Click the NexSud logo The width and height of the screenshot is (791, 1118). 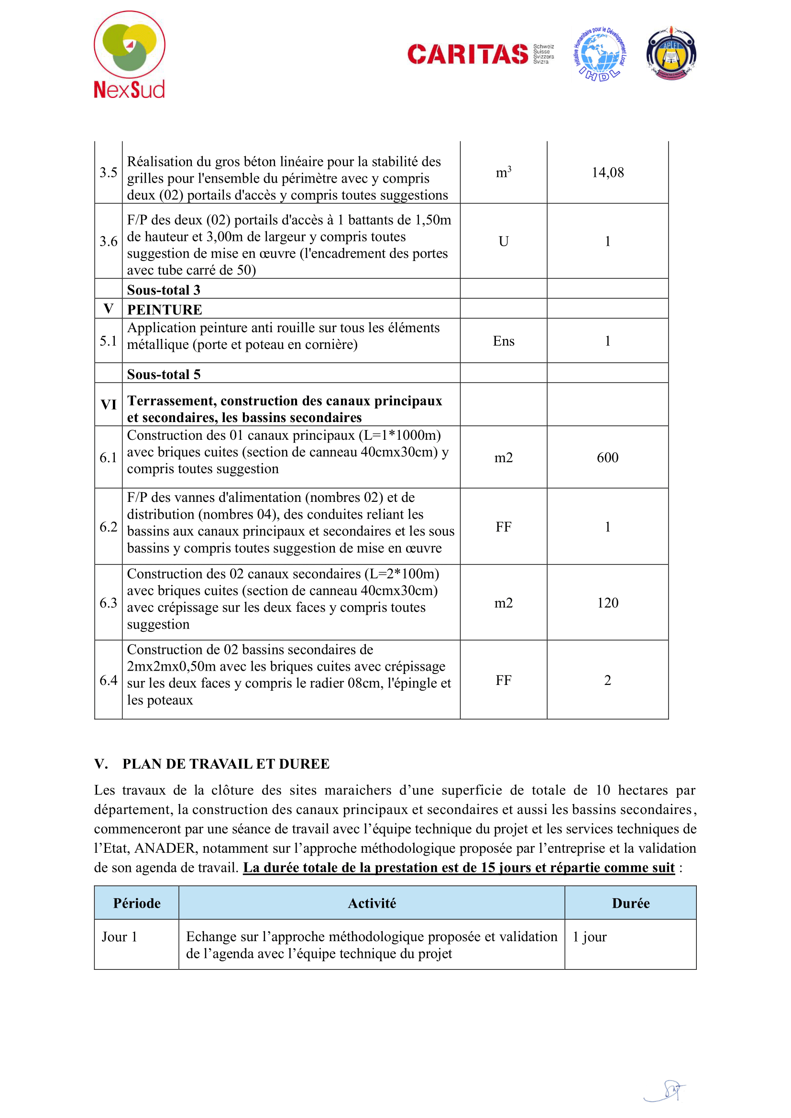click(x=129, y=54)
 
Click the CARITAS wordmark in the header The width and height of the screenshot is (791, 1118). click(x=467, y=54)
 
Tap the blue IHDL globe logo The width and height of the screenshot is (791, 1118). click(x=600, y=54)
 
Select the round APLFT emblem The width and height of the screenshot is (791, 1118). click(x=670, y=54)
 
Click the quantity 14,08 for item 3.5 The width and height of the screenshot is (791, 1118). click(x=607, y=173)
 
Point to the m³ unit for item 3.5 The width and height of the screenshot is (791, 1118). click(x=503, y=173)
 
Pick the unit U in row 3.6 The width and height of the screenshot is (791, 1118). click(x=503, y=241)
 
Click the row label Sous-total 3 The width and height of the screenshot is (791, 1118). click(x=164, y=290)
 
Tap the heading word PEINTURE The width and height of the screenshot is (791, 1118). click(x=165, y=310)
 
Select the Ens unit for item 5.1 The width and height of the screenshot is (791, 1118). click(x=503, y=341)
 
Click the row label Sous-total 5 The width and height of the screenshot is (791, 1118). click(x=164, y=374)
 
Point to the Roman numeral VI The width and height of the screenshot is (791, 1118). click(x=108, y=405)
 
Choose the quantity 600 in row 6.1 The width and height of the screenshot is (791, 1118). click(x=607, y=457)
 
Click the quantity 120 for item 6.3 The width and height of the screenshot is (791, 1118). click(x=607, y=603)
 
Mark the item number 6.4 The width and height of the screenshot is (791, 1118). click(x=108, y=680)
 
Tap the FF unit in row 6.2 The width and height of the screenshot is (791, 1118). click(x=503, y=527)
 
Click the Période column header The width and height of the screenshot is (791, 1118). click(x=137, y=903)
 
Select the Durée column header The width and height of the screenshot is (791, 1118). click(x=630, y=903)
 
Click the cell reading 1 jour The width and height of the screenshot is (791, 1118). click(x=589, y=937)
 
